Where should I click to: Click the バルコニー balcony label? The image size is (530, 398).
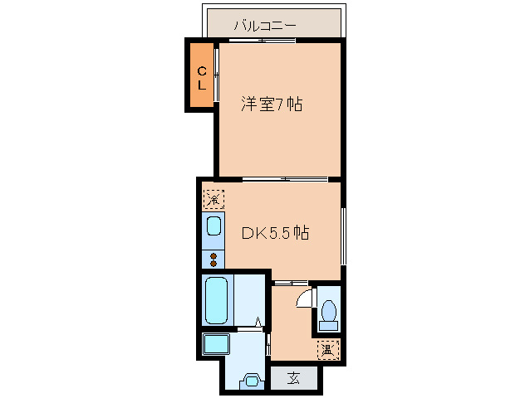point(265,26)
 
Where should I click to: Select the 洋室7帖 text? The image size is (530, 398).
point(271,105)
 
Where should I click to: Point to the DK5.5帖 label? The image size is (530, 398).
point(275,233)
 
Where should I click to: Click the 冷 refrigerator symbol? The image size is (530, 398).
point(213,199)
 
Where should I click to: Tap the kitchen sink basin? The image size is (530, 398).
point(213,226)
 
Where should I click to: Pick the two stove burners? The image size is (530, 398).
point(213,259)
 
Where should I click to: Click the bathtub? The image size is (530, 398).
point(217,301)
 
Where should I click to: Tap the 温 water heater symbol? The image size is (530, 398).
point(329,350)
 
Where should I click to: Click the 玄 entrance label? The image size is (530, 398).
point(294,379)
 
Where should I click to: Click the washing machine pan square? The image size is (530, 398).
point(217,346)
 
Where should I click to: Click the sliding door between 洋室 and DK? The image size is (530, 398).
point(285,179)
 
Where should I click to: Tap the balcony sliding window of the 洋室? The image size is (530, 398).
point(266,41)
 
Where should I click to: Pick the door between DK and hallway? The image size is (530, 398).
point(292,282)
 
